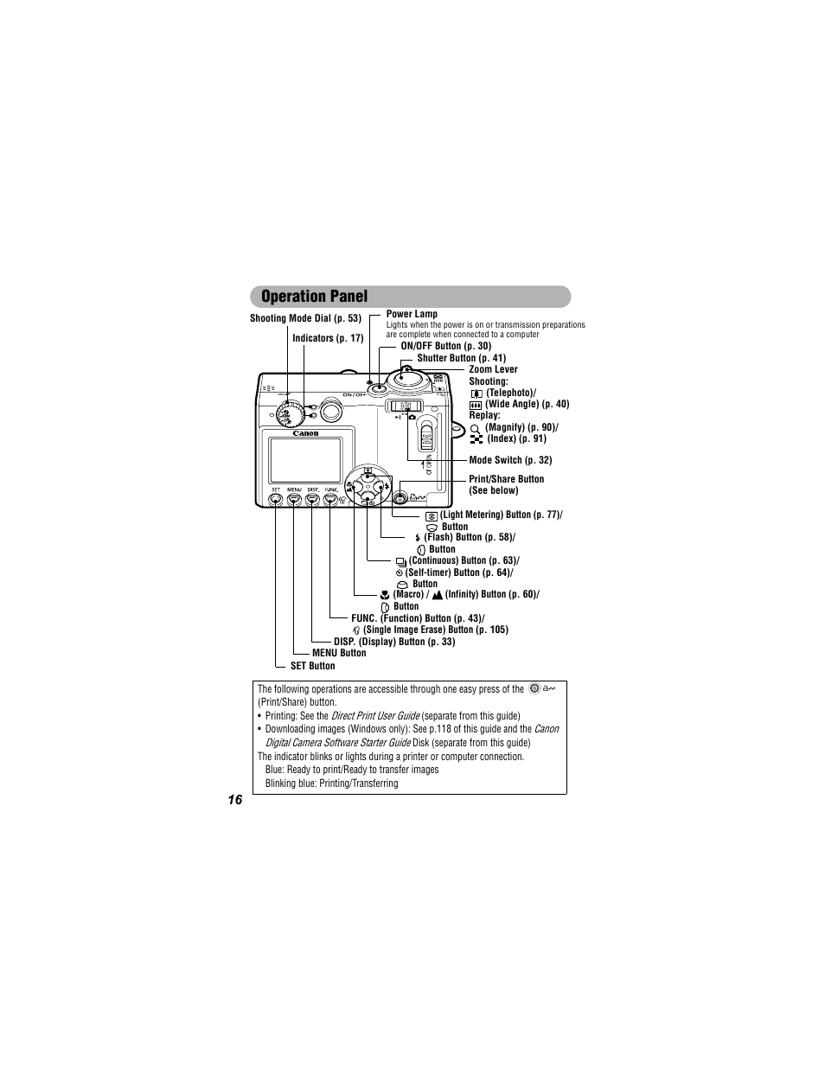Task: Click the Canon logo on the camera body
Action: coord(305,433)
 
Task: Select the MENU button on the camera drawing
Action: coord(294,498)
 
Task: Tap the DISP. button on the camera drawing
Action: coord(312,498)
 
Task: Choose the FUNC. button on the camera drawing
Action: coord(331,498)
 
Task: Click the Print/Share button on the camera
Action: coord(400,496)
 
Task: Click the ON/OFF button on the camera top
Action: coord(378,387)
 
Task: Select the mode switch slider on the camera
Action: coord(404,406)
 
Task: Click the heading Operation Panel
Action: coord(314,297)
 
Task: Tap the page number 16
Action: coord(235,800)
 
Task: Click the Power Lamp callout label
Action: coord(412,314)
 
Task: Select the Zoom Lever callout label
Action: coord(493,369)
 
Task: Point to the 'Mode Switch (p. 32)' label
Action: coord(510,460)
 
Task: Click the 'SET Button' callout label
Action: coord(312,666)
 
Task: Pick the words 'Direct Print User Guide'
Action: coord(375,716)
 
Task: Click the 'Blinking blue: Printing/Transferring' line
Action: coord(331,783)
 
